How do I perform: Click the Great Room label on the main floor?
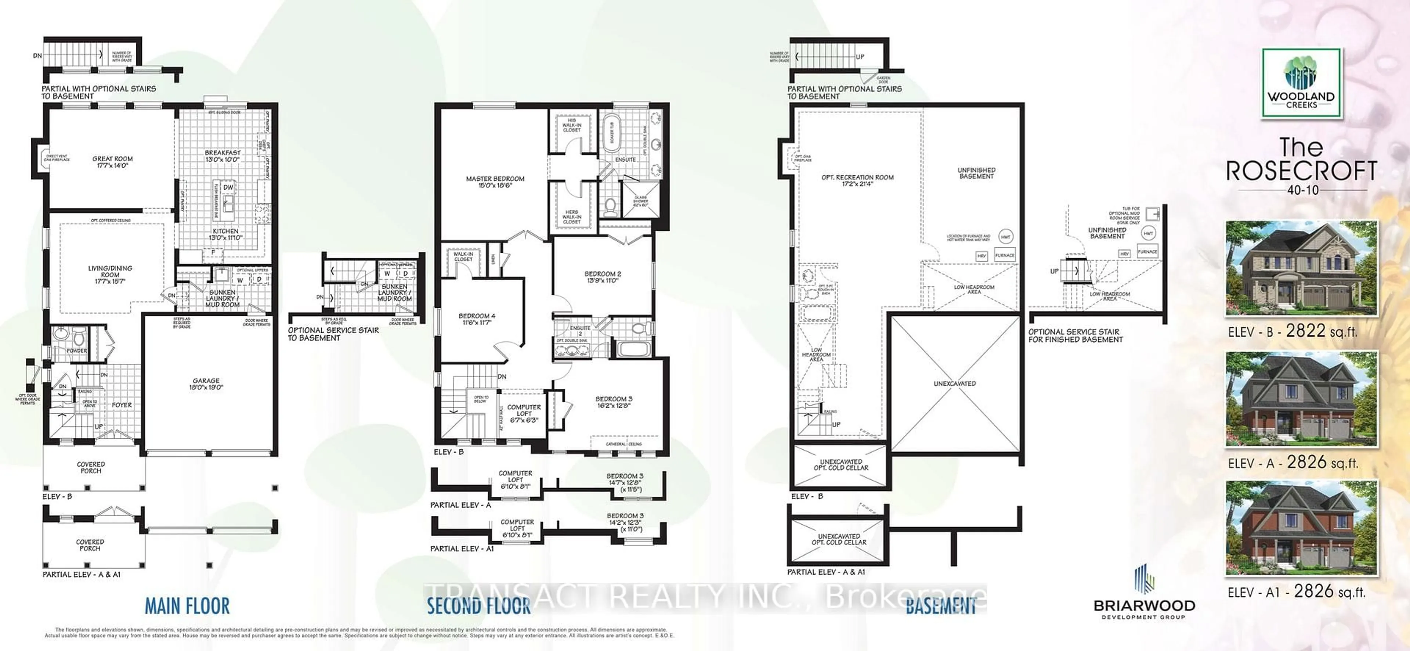coord(112,162)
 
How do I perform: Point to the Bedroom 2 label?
coord(602,277)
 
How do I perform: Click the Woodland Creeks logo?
coord(1301,83)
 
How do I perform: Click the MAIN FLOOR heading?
coord(187,606)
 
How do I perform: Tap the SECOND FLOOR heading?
coord(478,606)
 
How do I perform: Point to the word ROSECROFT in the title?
coord(1301,171)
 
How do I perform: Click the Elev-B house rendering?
coord(1301,268)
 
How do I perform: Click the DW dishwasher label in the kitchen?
coord(228,187)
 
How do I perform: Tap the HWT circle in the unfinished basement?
coord(1005,237)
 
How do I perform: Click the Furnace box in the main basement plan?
coord(1004,255)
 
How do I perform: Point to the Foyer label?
coord(122,405)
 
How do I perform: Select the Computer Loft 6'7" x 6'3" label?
coord(524,413)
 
